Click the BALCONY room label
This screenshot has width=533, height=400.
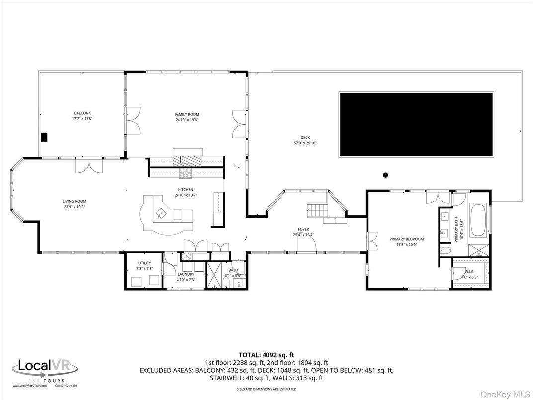click(x=82, y=114)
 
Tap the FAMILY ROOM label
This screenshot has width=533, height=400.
click(x=187, y=115)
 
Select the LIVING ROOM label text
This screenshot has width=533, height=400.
click(x=74, y=201)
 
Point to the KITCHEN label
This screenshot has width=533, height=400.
click(x=186, y=190)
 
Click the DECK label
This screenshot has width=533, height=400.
click(x=305, y=138)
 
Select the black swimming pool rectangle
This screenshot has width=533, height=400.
click(x=416, y=124)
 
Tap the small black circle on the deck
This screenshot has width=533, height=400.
click(x=385, y=175)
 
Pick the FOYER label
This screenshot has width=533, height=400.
click(x=303, y=229)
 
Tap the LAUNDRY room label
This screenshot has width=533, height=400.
click(x=186, y=274)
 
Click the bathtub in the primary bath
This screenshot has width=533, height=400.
click(x=478, y=220)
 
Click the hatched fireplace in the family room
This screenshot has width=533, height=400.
click(x=188, y=160)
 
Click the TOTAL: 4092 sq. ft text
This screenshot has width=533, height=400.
click(x=266, y=355)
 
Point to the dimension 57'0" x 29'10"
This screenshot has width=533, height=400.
click(x=305, y=143)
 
